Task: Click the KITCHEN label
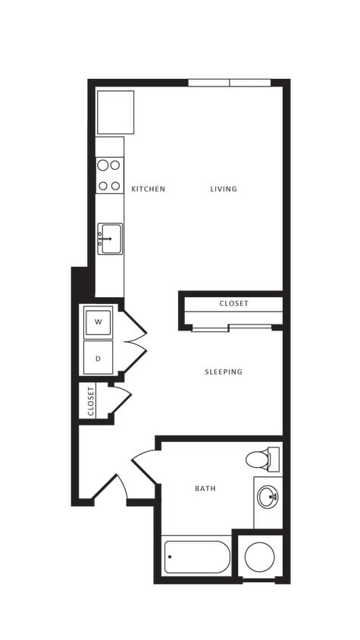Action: [148, 189]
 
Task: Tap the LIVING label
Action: [224, 189]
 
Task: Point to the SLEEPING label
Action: [224, 372]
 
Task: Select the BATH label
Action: [205, 488]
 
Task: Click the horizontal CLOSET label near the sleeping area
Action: [233, 303]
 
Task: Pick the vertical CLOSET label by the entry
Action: [91, 401]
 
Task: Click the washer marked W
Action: [98, 322]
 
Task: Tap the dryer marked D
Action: [98, 357]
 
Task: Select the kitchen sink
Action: [110, 238]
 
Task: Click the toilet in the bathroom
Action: [261, 460]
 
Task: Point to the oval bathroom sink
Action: [268, 497]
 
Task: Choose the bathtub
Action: [197, 557]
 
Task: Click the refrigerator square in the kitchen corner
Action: [115, 112]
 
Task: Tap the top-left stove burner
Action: [102, 165]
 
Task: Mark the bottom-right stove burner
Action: [116, 185]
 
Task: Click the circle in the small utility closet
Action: [259, 557]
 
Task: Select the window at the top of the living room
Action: [229, 82]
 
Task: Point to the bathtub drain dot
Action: [170, 557]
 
